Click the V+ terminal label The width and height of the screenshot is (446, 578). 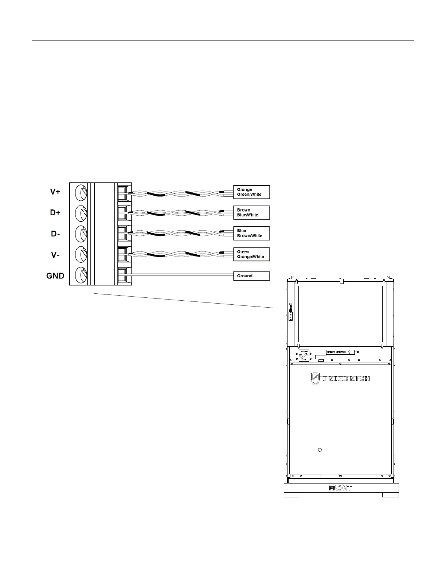[55, 192]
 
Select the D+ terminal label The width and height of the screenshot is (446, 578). [55, 213]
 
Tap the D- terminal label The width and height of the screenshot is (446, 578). [55, 234]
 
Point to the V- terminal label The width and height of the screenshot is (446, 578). [55, 255]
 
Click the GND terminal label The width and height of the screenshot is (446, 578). [55, 276]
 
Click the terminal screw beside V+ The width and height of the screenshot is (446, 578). [82, 192]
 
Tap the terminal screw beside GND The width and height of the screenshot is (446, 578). [82, 275]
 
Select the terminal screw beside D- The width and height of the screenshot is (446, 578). [82, 234]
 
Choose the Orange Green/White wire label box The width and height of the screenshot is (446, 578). [251, 192]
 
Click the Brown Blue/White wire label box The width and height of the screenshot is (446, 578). [251, 212]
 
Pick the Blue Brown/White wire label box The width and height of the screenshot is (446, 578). [251, 233]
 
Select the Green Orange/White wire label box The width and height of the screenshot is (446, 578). [251, 254]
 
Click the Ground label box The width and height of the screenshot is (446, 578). [251, 276]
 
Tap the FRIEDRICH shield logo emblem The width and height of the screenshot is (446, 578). [315, 379]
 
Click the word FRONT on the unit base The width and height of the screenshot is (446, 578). [340, 488]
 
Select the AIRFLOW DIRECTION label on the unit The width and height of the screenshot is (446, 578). [340, 352]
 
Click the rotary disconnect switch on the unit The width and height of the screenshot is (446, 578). [304, 355]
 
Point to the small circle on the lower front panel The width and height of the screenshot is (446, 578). [320, 450]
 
